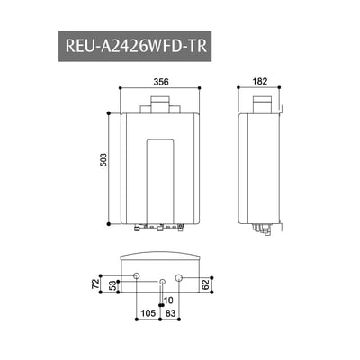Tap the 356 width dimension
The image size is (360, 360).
[160, 81]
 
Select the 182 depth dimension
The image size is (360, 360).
[260, 81]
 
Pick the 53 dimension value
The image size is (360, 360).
[112, 285]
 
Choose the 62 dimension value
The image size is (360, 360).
[206, 284]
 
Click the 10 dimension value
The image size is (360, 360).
[167, 300]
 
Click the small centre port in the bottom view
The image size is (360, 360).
[161, 282]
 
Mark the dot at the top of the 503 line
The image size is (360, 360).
[110, 113]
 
